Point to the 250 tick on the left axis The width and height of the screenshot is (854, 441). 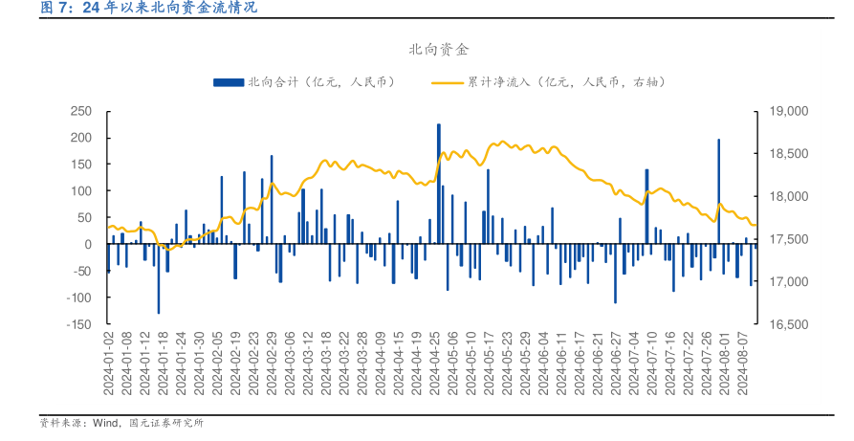point(80,111)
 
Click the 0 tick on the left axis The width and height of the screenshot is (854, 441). point(86,245)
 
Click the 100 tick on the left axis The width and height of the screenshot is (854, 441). point(80,191)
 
